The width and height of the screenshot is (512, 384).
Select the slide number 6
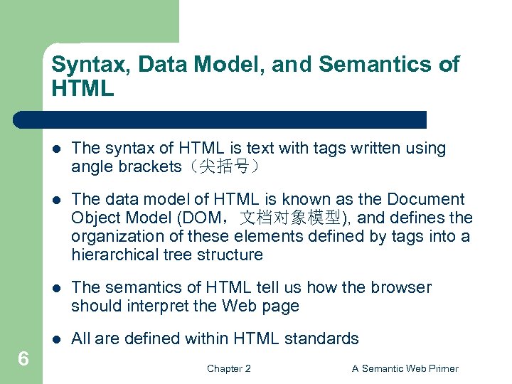click(x=23, y=359)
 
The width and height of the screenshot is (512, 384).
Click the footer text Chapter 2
click(x=228, y=368)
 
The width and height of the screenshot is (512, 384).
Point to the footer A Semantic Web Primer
click(x=405, y=368)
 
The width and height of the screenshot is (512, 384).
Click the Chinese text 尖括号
click(x=224, y=167)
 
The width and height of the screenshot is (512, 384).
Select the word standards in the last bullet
click(x=325, y=338)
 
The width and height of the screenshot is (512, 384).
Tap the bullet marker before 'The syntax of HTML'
click(x=56, y=149)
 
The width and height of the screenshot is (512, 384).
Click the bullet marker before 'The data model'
click(x=56, y=200)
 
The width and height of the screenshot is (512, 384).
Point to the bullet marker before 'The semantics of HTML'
click(x=56, y=288)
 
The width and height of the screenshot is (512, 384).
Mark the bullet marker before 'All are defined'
click(x=56, y=339)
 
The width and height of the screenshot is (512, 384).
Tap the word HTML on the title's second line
click(x=82, y=89)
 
